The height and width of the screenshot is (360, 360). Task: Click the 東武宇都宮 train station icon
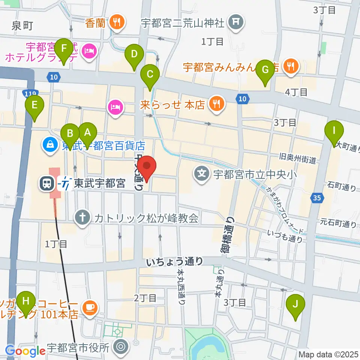(x=47, y=183)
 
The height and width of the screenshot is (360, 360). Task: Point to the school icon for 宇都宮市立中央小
(x=202, y=174)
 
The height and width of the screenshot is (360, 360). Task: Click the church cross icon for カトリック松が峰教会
(x=82, y=218)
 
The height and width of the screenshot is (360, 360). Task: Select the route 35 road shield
(x=316, y=198)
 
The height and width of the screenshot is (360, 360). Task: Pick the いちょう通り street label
(x=175, y=261)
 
